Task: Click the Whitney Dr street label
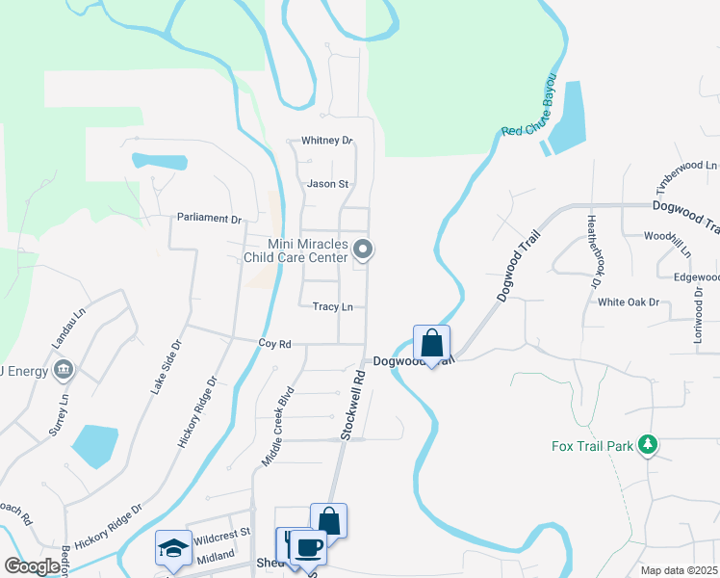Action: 327,141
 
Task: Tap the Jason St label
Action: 327,184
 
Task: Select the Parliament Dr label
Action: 209,219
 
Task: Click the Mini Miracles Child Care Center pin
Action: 363,250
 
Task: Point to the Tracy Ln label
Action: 333,307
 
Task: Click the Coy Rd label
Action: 274,343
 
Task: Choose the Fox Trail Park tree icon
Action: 650,444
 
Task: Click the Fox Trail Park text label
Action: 592,446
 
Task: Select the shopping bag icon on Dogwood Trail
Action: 432,342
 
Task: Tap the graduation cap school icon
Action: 172,547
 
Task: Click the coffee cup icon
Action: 308,547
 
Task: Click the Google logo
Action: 33,566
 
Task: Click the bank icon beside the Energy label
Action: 64,369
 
